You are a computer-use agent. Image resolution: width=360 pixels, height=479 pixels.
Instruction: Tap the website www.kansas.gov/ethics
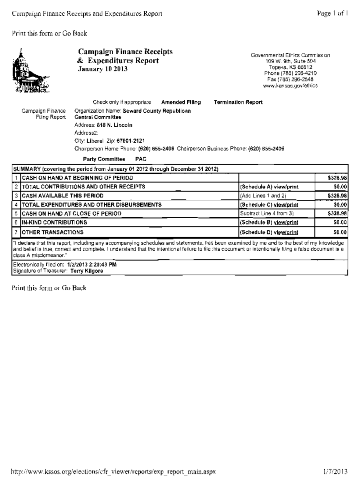tap(290, 86)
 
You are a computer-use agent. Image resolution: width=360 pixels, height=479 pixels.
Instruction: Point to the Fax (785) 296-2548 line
tap(290, 80)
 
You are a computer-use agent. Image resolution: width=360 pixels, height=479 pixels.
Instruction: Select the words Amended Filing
tap(180, 102)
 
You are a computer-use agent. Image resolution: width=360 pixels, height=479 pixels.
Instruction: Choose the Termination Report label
tap(238, 102)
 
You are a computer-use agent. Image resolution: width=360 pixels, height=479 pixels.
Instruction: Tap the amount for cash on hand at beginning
tap(337, 178)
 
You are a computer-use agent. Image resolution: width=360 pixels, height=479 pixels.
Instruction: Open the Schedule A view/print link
tap(269, 187)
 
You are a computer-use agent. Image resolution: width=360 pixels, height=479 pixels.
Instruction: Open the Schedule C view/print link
tap(269, 204)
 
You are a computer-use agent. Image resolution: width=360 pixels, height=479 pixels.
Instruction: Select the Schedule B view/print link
tap(269, 222)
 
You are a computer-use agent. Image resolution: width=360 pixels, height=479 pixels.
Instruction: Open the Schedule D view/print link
tap(269, 232)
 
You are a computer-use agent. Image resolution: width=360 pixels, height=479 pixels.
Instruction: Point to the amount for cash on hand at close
tap(337, 213)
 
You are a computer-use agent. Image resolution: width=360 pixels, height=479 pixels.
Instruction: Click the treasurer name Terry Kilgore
tap(84, 271)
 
